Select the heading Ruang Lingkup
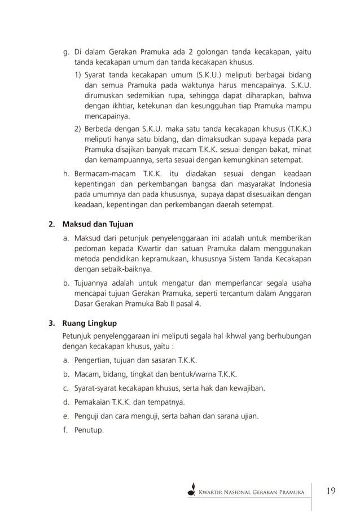tap(90, 324)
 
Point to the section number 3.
tap(51, 324)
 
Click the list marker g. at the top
tap(66, 53)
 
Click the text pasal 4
tap(187, 304)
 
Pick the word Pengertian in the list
tap(95, 360)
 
